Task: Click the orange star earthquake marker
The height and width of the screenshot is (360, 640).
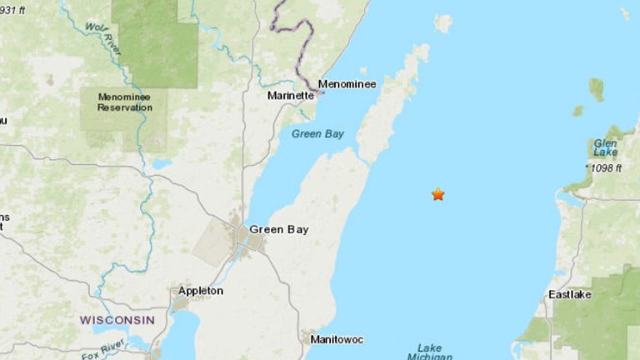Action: click(437, 194)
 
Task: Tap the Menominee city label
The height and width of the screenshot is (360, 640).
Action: click(347, 84)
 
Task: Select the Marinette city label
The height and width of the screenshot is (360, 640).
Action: click(291, 96)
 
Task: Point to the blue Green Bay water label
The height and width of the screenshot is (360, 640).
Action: click(317, 133)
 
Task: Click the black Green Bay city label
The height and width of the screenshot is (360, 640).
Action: click(274, 229)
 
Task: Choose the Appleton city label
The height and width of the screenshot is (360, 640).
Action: click(200, 291)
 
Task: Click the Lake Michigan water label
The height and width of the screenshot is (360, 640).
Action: click(430, 352)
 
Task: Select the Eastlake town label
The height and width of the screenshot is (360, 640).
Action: click(570, 295)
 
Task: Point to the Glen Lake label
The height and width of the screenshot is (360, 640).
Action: click(605, 147)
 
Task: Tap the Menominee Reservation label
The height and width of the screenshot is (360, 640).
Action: click(123, 102)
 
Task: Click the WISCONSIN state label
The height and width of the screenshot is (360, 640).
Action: click(117, 320)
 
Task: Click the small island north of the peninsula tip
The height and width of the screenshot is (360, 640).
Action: click(442, 23)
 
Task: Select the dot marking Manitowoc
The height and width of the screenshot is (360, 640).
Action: click(306, 340)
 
